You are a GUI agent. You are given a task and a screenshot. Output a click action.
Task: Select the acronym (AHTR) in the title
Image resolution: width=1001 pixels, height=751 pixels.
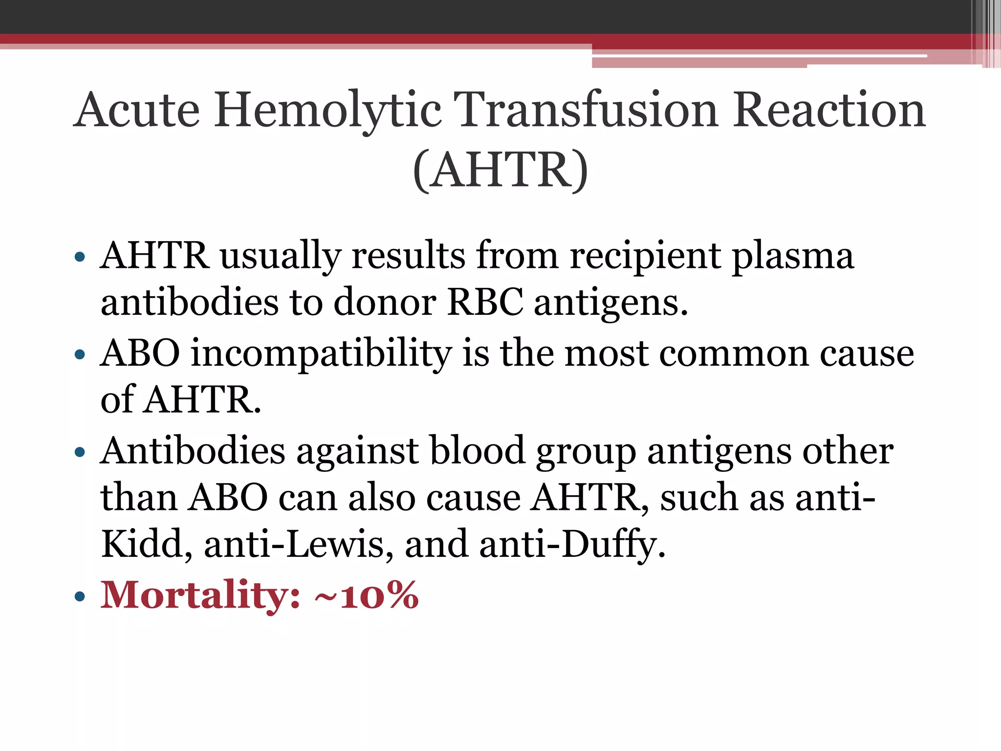(500, 170)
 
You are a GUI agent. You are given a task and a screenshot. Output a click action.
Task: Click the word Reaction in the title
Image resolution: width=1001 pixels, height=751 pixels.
(829, 110)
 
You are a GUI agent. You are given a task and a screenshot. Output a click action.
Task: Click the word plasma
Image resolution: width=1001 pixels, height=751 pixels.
(792, 256)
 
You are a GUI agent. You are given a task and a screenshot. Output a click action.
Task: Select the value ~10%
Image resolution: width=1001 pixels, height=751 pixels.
(367, 595)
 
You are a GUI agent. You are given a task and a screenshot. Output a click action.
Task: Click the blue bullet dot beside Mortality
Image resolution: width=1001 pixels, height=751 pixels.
(80, 596)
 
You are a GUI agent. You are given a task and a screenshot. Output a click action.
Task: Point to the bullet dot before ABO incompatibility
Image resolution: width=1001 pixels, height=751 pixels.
(80, 354)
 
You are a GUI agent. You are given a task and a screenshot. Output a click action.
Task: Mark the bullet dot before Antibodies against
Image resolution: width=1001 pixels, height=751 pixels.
(80, 452)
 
